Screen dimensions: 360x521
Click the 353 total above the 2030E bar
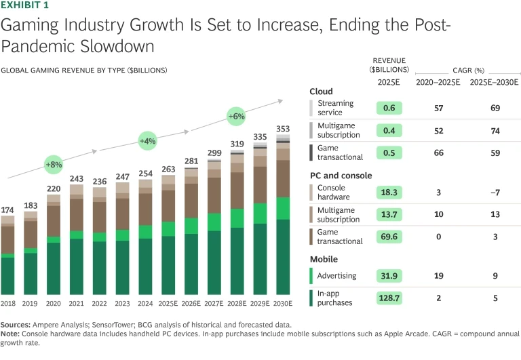tap(283, 129)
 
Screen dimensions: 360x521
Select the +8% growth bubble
tap(54, 165)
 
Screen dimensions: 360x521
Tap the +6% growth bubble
tap(235, 117)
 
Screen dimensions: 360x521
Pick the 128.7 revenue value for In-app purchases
tap(389, 298)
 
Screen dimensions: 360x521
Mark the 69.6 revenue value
tap(389, 235)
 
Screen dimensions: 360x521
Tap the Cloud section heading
tap(321, 92)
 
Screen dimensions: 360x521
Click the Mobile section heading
tap(324, 259)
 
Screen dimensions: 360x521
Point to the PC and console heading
tap(341, 176)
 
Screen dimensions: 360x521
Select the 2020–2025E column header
tap(438, 82)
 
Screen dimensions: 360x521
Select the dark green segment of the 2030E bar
tap(283, 258)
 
